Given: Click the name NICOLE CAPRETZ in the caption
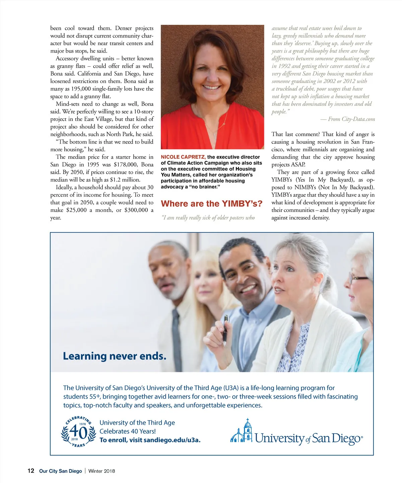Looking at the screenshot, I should tap(183, 157).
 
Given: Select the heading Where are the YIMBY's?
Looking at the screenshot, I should tap(212, 204).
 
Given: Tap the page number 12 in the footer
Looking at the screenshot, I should tap(31, 471).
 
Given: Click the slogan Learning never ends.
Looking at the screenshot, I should tap(115, 356).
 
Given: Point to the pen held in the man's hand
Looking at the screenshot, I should tap(226, 330).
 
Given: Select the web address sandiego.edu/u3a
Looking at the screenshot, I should tap(172, 440).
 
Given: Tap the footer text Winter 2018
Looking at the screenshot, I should tap(102, 471).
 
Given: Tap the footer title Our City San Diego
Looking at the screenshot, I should tap(60, 471).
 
